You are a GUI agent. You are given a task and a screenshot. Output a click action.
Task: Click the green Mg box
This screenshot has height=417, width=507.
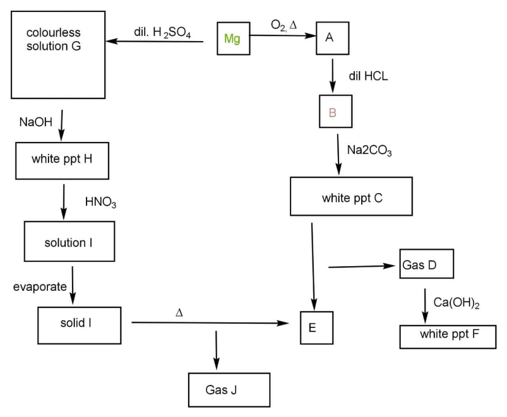(x=233, y=39)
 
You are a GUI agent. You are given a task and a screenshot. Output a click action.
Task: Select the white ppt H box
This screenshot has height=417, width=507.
(x=61, y=158)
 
